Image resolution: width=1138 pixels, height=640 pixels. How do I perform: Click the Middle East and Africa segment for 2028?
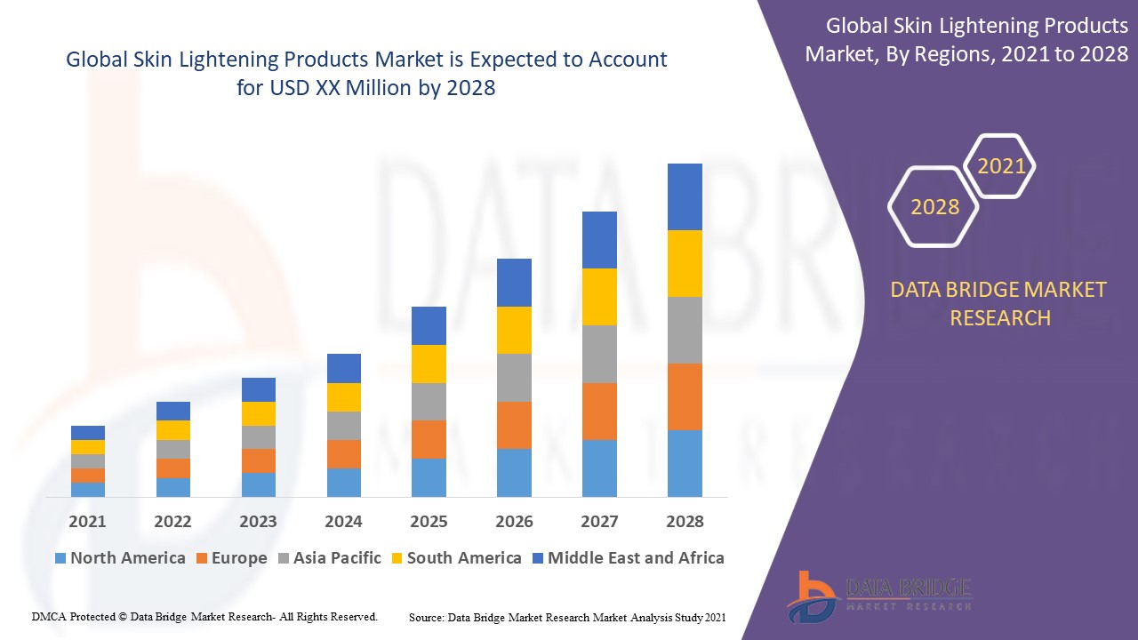(685, 196)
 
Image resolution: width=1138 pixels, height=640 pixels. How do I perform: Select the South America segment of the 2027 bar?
(599, 296)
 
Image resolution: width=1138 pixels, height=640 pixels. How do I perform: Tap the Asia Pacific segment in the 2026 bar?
(514, 378)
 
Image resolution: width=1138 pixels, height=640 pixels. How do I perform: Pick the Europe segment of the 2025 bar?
(429, 439)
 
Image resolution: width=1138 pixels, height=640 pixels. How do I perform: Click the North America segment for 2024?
(343, 482)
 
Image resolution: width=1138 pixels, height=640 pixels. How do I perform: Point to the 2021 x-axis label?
(87, 522)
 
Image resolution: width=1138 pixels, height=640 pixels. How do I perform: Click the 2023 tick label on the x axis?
(258, 522)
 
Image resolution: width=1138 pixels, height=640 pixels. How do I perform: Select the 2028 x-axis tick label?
(685, 522)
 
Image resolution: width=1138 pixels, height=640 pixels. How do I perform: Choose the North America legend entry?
(120, 558)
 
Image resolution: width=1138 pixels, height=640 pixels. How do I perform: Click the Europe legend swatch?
(202, 558)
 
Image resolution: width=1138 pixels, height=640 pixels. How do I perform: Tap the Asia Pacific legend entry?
(329, 558)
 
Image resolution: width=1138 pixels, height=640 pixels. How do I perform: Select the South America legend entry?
(456, 558)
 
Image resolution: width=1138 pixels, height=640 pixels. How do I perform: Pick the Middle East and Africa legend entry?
(628, 558)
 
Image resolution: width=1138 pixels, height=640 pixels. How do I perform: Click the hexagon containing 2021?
(1001, 166)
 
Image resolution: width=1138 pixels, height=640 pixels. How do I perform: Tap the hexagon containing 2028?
(934, 207)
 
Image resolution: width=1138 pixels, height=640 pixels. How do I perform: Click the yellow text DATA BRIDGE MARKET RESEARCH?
(1000, 303)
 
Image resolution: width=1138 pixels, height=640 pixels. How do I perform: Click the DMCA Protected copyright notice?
(204, 616)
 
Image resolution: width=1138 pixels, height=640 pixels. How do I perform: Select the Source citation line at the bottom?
(567, 617)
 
